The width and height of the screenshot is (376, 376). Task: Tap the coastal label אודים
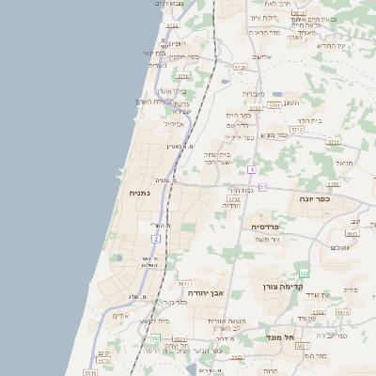[x=120, y=316]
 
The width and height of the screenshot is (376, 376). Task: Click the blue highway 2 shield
[x=156, y=239]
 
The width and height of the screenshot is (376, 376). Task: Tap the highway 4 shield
[x=252, y=169]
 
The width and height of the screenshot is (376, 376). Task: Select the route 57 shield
[x=263, y=187]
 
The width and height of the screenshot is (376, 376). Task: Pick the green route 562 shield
[x=303, y=271]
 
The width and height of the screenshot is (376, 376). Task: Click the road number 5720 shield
[x=240, y=68]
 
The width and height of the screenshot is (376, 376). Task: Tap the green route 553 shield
[x=153, y=338]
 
